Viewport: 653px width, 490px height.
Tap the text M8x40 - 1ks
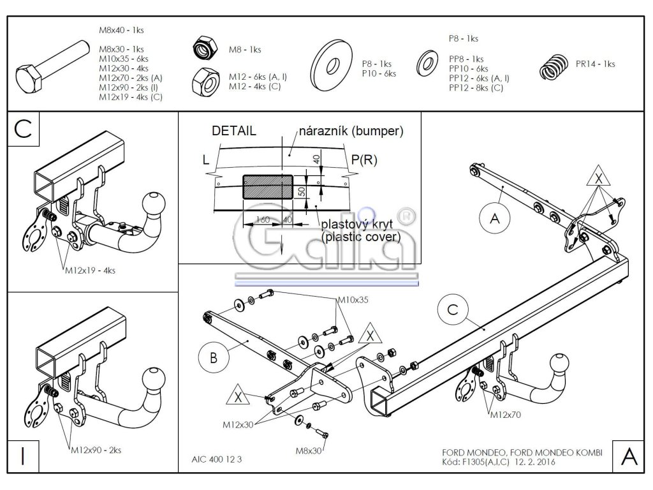click(121, 30)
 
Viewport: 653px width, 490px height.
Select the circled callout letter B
click(214, 357)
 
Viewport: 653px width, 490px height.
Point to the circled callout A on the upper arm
click(495, 218)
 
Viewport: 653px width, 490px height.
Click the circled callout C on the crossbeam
click(453, 309)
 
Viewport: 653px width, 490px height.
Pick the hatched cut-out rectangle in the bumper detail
click(268, 187)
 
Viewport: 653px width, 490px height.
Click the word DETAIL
click(233, 131)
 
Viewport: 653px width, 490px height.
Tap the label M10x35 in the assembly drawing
click(353, 300)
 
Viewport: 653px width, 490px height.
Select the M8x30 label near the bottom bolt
click(309, 450)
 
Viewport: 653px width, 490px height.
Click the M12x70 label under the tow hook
click(506, 415)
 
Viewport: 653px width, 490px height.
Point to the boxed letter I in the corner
click(24, 456)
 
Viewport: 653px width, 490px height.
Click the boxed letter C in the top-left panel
click(24, 128)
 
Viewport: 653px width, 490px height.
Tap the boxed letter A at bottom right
click(628, 456)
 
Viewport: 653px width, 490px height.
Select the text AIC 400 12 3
click(217, 459)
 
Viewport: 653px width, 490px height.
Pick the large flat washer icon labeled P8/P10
click(332, 65)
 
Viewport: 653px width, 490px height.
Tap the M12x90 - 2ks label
click(96, 450)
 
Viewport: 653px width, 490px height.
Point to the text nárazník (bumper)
click(351, 131)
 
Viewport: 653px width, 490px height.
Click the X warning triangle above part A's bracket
click(598, 176)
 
